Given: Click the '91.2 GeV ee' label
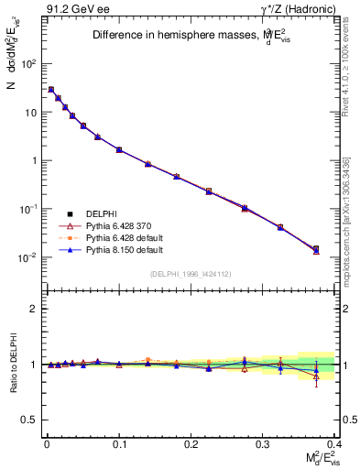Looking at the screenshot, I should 71,10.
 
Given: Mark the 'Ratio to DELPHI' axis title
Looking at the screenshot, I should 12,364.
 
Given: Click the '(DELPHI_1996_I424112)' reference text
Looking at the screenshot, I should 191,273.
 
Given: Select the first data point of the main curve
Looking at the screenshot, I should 51,90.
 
